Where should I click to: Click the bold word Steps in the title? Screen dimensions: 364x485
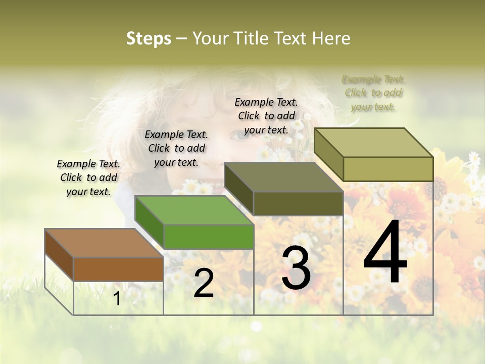coord(149,38)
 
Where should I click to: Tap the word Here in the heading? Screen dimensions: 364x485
coord(331,38)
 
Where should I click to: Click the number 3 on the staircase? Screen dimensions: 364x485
coord(296,268)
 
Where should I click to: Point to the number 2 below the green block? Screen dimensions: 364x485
coord(204,283)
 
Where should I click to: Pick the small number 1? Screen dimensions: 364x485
coord(117,299)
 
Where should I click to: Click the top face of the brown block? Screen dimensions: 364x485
coord(104,243)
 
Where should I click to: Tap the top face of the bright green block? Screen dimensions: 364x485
coord(193,210)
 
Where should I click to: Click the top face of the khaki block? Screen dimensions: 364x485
coord(373,142)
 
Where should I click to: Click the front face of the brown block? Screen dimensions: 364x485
coord(118,269)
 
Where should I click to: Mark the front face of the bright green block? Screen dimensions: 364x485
coord(208,237)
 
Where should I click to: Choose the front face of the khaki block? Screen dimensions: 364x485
coord(388,169)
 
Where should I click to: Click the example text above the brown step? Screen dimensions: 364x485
coord(88,177)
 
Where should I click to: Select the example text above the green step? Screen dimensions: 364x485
coord(176,148)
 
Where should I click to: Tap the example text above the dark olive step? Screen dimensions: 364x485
coord(266,116)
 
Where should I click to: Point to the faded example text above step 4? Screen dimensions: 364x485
coord(373,93)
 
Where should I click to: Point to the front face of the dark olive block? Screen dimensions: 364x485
coord(298,203)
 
